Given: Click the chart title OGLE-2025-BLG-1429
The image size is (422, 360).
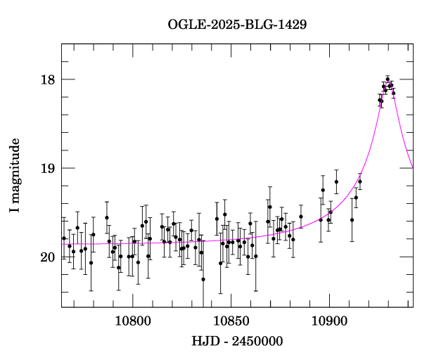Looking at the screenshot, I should (x=237, y=24).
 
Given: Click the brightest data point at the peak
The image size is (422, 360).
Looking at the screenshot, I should (x=388, y=79).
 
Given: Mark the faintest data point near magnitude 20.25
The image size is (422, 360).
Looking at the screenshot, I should (x=203, y=279).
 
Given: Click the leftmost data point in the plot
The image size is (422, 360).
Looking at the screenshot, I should (x=64, y=238).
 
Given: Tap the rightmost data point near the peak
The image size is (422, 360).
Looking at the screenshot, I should (x=394, y=93).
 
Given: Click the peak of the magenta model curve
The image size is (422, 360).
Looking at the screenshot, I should (x=388, y=82).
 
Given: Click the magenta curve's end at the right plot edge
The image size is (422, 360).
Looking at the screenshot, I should (x=412, y=167).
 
